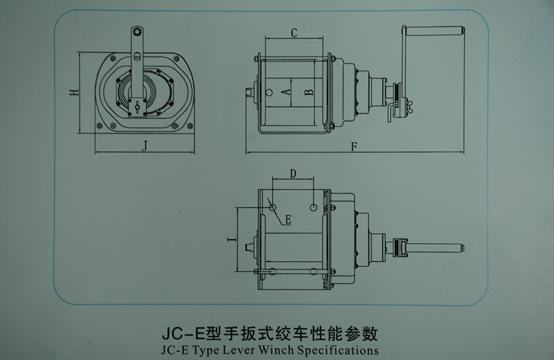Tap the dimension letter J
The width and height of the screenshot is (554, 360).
[x=144, y=145]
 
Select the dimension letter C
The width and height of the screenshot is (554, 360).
[x=294, y=33]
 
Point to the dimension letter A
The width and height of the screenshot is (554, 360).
[x=286, y=92]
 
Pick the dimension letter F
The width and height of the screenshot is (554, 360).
[x=355, y=146]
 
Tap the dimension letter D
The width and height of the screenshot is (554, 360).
[x=293, y=173]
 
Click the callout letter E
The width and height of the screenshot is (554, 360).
[x=288, y=219]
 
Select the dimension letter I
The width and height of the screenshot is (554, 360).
[x=232, y=240]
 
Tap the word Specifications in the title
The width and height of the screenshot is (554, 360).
[x=338, y=350]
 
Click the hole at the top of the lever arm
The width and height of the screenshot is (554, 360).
[x=136, y=32]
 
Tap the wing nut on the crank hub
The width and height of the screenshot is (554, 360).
[x=411, y=104]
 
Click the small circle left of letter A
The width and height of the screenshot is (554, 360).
[x=269, y=92]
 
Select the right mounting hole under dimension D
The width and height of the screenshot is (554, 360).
[x=314, y=207]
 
